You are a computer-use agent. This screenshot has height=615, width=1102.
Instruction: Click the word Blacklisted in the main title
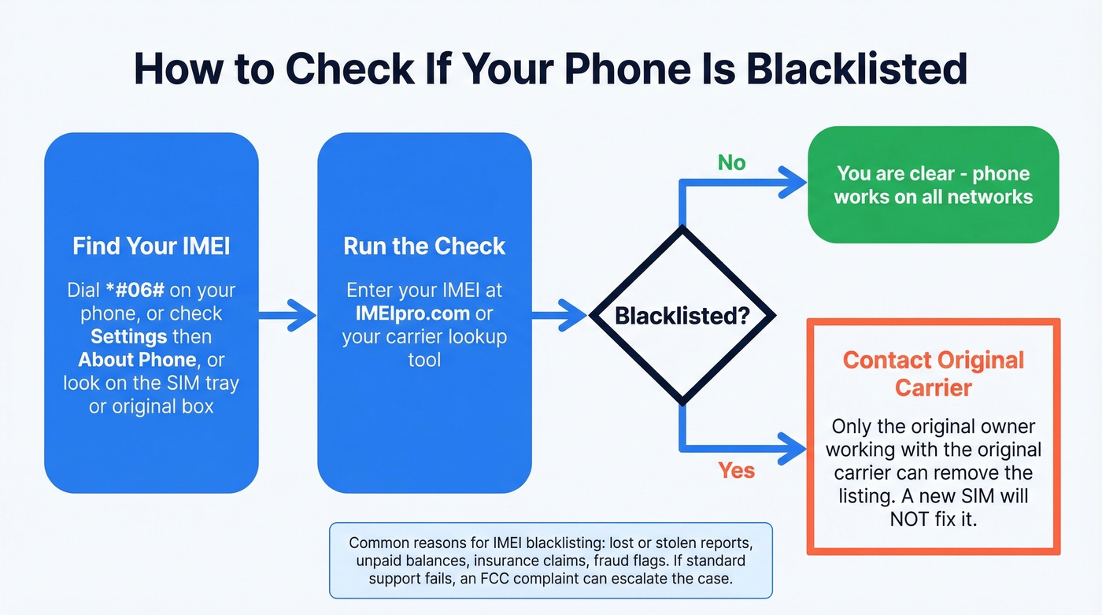coord(856,69)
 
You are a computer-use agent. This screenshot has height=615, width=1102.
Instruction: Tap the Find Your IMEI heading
coord(151,246)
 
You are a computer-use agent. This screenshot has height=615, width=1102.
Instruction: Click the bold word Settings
coord(129,336)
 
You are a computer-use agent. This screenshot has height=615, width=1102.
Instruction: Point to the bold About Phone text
coord(137,360)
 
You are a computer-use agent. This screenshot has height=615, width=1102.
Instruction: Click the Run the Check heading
coord(424,246)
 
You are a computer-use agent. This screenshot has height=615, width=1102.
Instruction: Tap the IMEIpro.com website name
coord(412,313)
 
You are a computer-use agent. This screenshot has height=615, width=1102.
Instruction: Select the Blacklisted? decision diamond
coord(682,316)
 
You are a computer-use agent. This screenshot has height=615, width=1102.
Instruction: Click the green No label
coord(731,163)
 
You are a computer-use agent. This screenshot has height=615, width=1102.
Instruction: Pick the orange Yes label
coord(736,471)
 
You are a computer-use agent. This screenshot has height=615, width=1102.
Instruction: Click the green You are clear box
coord(933,185)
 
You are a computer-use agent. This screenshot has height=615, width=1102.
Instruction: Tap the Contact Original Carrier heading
coord(934,373)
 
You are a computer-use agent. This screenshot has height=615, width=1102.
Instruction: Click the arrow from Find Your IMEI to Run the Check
coord(288,315)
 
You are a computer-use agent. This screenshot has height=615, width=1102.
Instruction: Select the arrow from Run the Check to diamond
coord(560,315)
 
